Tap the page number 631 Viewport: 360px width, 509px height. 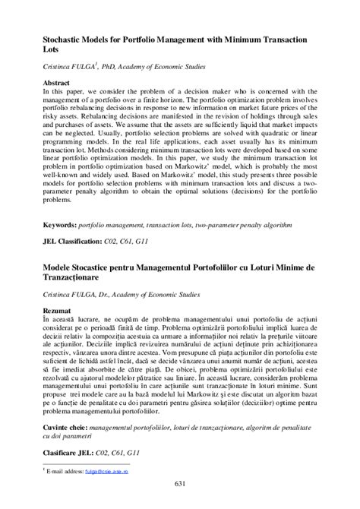tap(180, 485)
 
